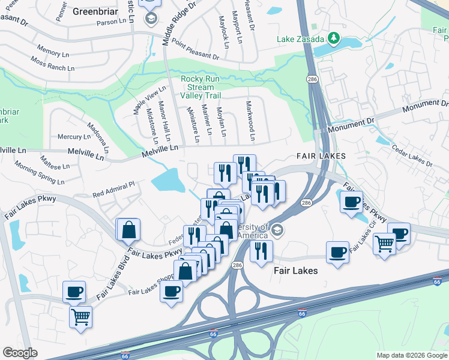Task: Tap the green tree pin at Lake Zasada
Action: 333,39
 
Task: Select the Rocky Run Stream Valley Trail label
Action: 200,88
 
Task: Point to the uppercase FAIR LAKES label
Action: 321,156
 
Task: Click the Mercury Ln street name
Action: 73,137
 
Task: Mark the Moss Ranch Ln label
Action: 52,64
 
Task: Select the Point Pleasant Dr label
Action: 195,48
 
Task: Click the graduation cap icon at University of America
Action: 277,229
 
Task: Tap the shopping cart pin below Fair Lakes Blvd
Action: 80,316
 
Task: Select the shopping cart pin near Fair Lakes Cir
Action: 384,243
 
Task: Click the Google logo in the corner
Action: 20,353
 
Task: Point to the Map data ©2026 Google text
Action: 411,355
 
